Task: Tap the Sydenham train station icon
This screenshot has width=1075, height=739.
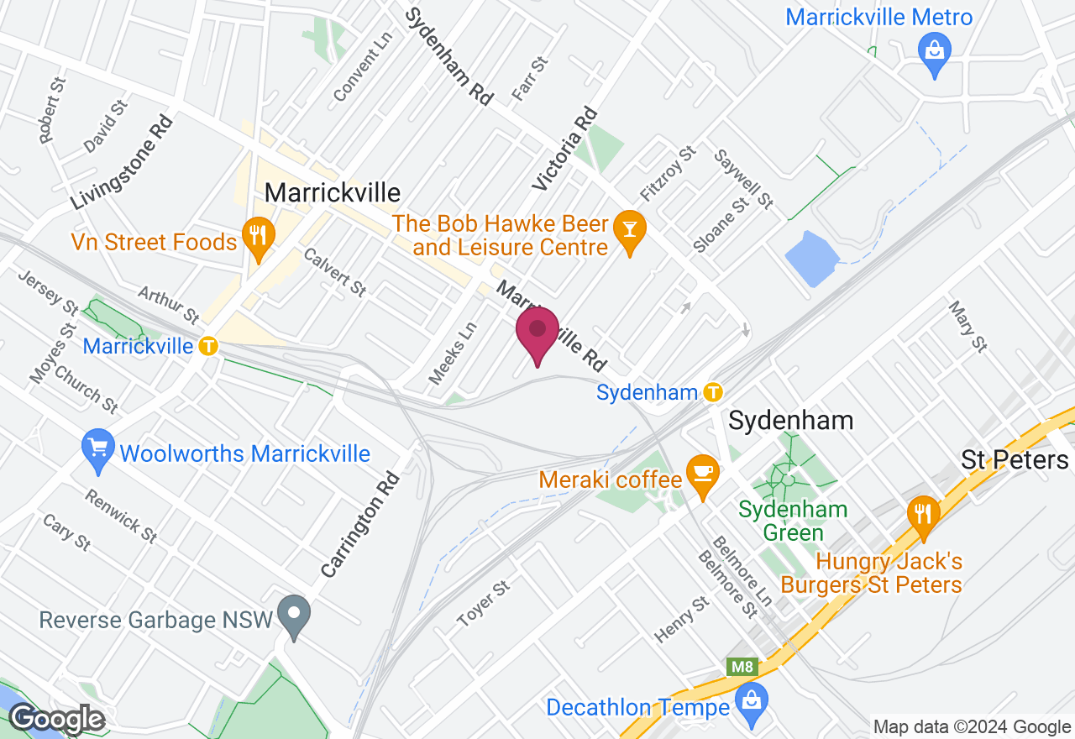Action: click(x=713, y=391)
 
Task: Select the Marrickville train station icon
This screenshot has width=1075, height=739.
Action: click(x=207, y=345)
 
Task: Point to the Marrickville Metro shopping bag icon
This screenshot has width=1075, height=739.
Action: click(x=935, y=50)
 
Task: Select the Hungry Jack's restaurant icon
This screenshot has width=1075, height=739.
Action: click(x=923, y=514)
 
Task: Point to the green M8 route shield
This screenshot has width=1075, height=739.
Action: click(x=742, y=667)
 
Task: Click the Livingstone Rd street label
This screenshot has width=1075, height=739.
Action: click(x=122, y=162)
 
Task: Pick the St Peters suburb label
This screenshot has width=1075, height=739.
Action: click(x=1015, y=459)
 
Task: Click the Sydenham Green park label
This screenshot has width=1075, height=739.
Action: click(x=793, y=521)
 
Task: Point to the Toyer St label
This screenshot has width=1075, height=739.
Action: click(x=484, y=604)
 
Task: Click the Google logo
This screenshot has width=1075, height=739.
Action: click(x=56, y=719)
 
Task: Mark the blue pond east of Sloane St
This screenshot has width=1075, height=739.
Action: click(x=811, y=258)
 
